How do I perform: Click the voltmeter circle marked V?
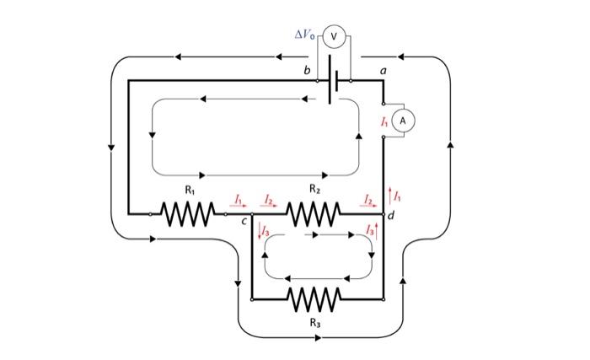tap(334, 35)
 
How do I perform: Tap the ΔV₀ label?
tap(305, 35)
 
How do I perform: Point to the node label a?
tap(383, 72)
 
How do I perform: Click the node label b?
tap(308, 72)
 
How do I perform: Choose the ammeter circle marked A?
tap(403, 121)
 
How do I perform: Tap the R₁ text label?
tap(189, 191)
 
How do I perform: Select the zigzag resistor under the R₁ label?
tap(187, 214)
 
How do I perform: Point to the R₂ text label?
tap(314, 191)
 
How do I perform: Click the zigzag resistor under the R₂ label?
tap(314, 214)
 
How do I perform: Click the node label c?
tap(244, 223)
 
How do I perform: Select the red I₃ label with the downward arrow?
tap(264, 230)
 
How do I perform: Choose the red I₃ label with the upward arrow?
tap(368, 230)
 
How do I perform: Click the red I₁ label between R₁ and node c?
tap(239, 199)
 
